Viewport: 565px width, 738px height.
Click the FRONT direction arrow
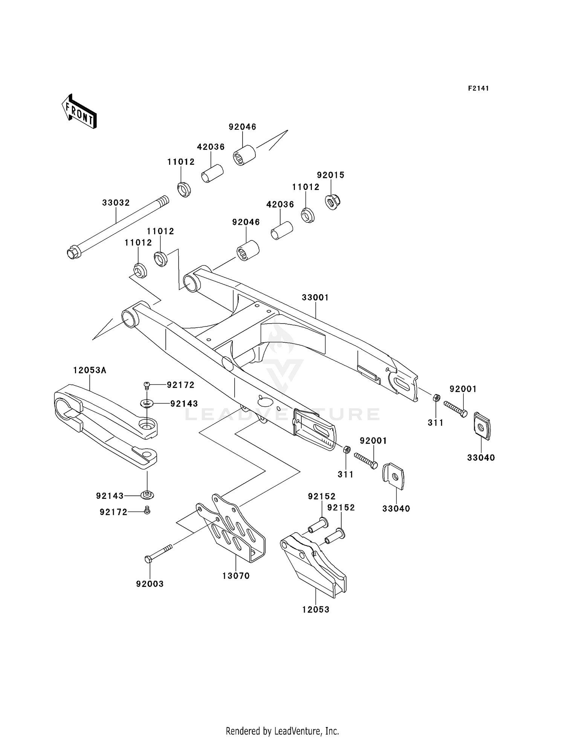pos(79,112)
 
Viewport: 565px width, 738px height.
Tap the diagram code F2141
pos(478,88)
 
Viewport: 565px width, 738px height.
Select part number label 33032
pos(116,203)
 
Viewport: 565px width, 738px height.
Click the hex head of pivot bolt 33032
pos(73,252)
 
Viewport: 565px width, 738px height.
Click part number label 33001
pos(315,298)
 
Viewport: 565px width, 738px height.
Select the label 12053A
pos(90,371)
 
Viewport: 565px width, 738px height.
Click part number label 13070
pos(236,576)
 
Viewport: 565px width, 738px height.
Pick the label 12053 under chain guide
pos(316,610)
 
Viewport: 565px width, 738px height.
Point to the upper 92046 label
pos(243,127)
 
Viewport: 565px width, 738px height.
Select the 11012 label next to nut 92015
pos(306,187)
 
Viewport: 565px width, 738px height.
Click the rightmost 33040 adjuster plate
pos(482,426)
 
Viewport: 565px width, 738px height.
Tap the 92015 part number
pos(331,175)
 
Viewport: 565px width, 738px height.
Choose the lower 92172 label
pos(114,512)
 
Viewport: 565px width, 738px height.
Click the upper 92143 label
pos(184,404)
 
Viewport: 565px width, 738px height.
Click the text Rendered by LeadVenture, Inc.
pos(282,731)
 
